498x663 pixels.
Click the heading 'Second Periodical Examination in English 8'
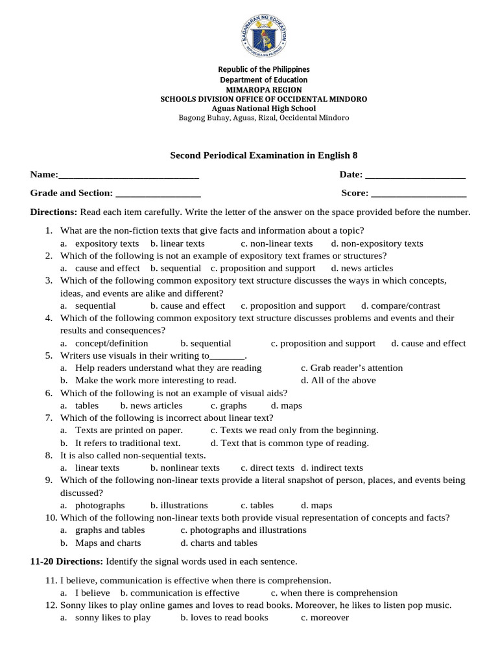pyautogui.click(x=263, y=155)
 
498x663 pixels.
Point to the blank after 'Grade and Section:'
pyautogui.click(x=158, y=194)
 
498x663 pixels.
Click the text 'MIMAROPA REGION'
pyautogui.click(x=263, y=89)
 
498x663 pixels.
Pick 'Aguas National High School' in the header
pyautogui.click(x=263, y=108)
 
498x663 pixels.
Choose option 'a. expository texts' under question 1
pyautogui.click(x=100, y=243)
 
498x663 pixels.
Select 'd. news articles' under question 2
pyautogui.click(x=362, y=268)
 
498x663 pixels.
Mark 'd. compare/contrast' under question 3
pyautogui.click(x=400, y=306)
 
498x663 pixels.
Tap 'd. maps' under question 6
pyautogui.click(x=286, y=405)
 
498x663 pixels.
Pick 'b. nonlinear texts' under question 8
pyautogui.click(x=185, y=467)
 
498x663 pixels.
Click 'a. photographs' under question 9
pyautogui.click(x=93, y=505)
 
